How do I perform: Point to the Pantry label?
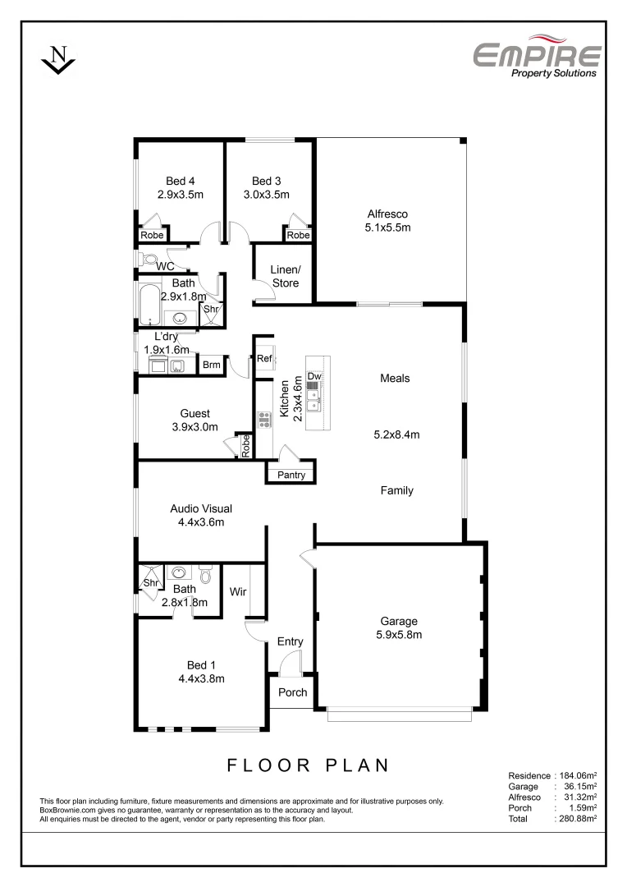pyautogui.click(x=291, y=475)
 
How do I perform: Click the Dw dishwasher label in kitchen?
pyautogui.click(x=313, y=377)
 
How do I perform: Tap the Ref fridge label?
pyautogui.click(x=264, y=359)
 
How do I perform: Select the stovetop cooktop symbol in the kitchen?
pyautogui.click(x=264, y=420)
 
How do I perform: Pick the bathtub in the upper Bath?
pyautogui.click(x=149, y=305)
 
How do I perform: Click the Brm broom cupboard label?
pyautogui.click(x=212, y=365)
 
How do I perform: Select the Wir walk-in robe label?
pyautogui.click(x=239, y=591)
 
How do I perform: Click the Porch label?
pyautogui.click(x=292, y=692)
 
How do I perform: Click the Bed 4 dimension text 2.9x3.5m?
pyautogui.click(x=180, y=195)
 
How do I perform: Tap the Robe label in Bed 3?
pyautogui.click(x=298, y=236)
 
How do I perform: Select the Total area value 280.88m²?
pyautogui.click(x=577, y=818)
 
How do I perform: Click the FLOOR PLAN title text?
pyautogui.click(x=308, y=765)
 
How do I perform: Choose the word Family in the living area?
pyautogui.click(x=396, y=490)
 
